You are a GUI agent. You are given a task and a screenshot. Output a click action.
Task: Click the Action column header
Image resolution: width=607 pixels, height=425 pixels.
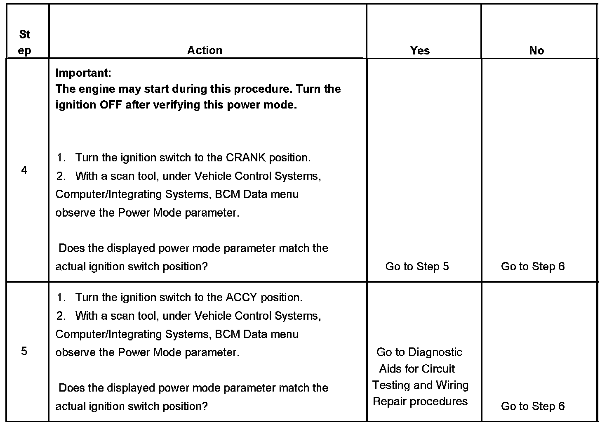pos(205,50)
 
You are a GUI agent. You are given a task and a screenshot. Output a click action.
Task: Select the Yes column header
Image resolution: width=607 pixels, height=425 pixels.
pos(420,51)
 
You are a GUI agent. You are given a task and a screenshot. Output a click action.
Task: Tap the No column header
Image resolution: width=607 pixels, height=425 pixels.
pos(536,51)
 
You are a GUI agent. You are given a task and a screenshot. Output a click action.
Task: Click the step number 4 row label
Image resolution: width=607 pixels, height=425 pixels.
pos(24,170)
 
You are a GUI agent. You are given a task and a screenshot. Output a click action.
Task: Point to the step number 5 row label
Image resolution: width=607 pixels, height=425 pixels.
pos(24,351)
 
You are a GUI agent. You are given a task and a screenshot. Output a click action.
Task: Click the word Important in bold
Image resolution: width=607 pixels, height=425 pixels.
pos(83,73)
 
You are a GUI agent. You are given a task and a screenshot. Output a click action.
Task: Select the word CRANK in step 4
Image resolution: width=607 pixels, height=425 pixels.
pos(245,158)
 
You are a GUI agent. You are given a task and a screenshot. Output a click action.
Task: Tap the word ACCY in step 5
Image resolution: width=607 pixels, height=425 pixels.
pos(241,297)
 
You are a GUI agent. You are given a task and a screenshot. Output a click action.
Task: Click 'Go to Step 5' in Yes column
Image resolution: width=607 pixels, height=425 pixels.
pos(417,267)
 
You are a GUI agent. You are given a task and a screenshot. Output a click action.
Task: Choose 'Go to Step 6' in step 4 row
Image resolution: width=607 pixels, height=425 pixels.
pos(533,267)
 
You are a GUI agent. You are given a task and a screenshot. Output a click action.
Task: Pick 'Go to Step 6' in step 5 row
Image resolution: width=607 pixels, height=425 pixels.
pos(533,406)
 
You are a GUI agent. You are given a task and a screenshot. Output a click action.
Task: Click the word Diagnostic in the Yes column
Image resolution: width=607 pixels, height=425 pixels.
pos(435,352)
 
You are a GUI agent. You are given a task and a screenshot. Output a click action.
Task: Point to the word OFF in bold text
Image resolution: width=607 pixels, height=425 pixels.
pos(111,105)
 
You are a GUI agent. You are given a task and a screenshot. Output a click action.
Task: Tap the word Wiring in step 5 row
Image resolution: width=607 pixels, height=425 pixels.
pos(452,385)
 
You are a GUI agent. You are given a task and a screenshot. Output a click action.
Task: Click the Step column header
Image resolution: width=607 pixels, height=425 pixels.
pos(25,42)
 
